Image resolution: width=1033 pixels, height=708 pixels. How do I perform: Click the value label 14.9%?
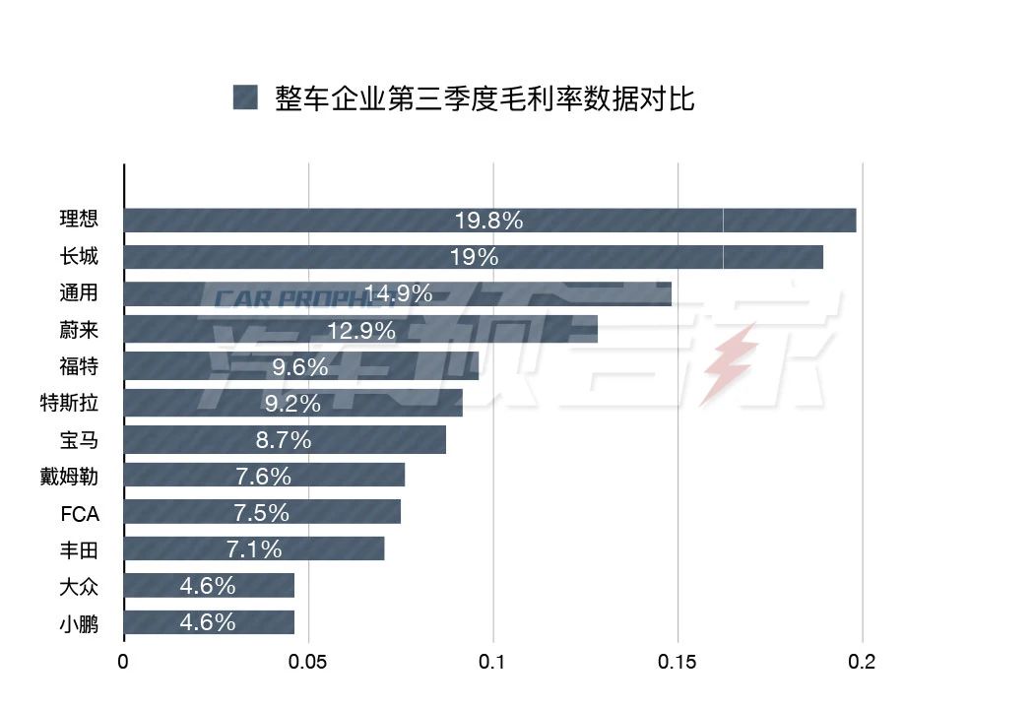point(398,293)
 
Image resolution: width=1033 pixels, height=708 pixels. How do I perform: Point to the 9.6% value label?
point(299,367)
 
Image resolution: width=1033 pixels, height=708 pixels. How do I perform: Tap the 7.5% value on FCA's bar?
point(261,512)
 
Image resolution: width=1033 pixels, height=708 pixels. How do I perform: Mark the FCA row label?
point(78,513)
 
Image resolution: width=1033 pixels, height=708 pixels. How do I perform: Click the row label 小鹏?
point(79,623)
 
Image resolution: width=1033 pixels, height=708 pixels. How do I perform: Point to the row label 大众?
point(79,587)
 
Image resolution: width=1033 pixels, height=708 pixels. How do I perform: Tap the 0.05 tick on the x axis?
point(308,663)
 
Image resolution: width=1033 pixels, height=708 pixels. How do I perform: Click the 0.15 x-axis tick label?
point(678,663)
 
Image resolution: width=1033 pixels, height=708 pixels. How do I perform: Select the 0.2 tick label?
point(862,663)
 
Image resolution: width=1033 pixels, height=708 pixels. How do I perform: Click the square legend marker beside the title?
point(245,97)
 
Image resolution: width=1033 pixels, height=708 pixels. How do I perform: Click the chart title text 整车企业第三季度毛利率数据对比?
point(485,98)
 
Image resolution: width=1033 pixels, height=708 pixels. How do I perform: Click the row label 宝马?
point(79,440)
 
